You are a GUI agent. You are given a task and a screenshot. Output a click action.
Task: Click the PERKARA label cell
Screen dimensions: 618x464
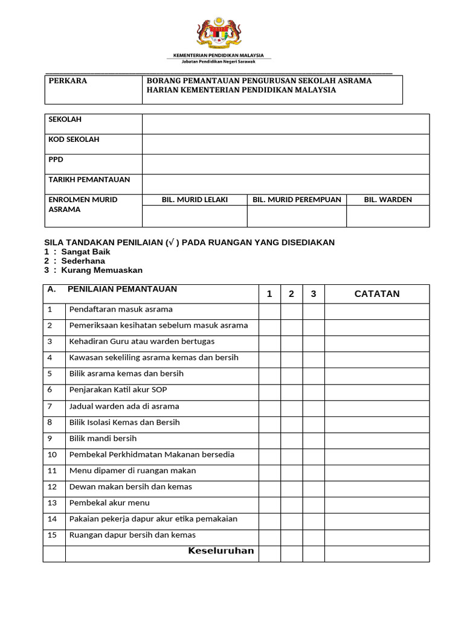pyautogui.click(x=94, y=90)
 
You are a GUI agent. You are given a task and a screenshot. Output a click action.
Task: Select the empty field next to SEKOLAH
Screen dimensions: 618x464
pyautogui.click(x=286, y=124)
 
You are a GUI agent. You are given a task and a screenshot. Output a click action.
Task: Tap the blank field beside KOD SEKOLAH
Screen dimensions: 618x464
pyautogui.click(x=286, y=144)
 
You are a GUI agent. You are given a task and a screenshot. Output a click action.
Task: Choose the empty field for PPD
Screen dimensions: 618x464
pyautogui.click(x=286, y=164)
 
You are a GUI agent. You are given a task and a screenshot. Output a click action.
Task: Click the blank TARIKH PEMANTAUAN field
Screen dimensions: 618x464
pyautogui.click(x=286, y=184)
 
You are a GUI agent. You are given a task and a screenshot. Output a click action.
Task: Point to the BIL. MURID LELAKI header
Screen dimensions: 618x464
pyautogui.click(x=195, y=200)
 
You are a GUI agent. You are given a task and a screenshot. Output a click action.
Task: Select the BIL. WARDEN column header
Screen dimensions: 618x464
pyautogui.click(x=388, y=200)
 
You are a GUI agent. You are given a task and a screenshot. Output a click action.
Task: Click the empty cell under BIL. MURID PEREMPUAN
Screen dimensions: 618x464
pyautogui.click(x=297, y=216)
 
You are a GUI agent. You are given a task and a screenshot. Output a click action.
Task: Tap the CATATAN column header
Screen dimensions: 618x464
pyautogui.click(x=377, y=294)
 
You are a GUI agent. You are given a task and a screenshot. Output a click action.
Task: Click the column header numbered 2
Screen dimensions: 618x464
pyautogui.click(x=291, y=294)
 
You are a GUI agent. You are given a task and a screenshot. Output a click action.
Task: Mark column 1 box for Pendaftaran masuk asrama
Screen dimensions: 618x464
pyautogui.click(x=269, y=311)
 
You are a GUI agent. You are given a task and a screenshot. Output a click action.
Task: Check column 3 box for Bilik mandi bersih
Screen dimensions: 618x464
pyautogui.click(x=314, y=440)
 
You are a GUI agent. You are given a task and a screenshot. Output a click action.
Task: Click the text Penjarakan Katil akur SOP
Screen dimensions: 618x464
pyautogui.click(x=118, y=390)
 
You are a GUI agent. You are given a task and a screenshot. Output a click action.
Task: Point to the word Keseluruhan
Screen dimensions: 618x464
pyautogui.click(x=221, y=551)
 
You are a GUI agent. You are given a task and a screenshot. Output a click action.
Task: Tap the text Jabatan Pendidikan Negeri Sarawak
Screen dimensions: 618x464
pyautogui.click(x=219, y=62)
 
